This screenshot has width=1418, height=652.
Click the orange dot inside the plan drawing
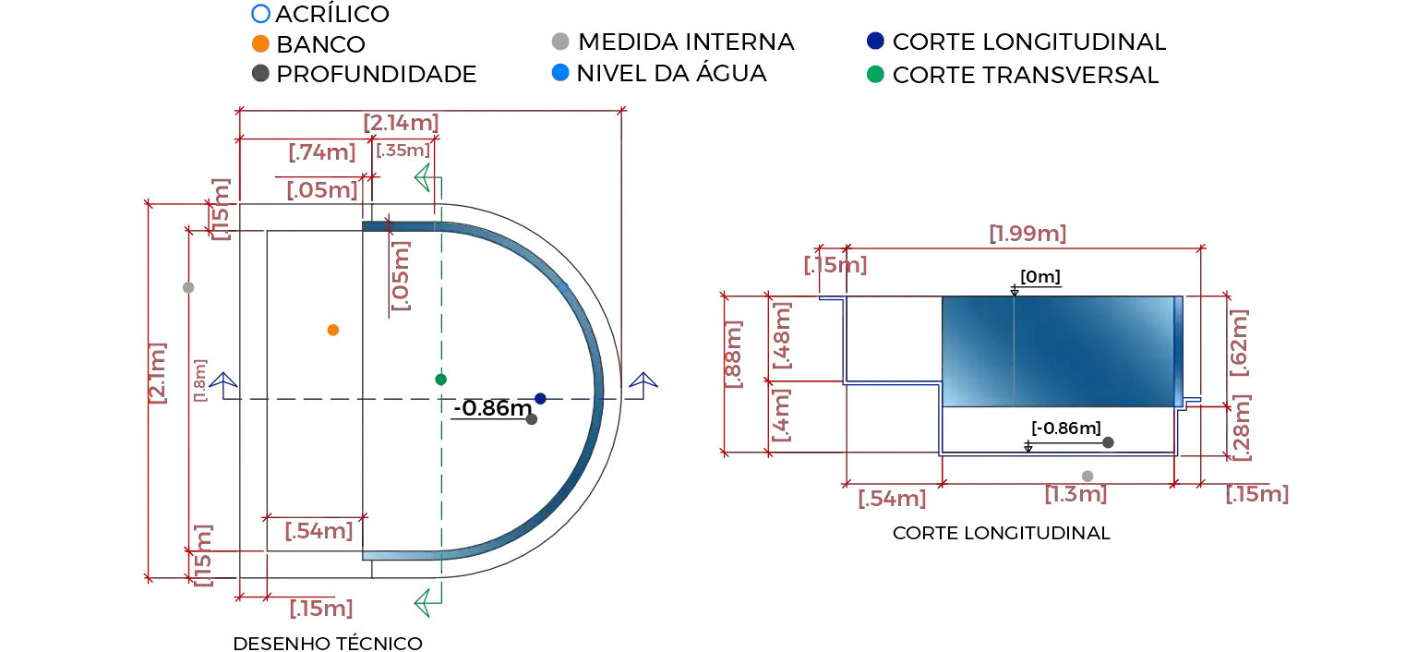tap(333, 330)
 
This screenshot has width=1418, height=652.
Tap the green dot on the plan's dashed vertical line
tap(440, 380)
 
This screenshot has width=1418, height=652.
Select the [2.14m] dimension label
tap(401, 122)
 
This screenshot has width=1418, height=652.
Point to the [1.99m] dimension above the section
tap(1027, 233)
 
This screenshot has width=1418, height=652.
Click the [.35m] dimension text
tap(403, 150)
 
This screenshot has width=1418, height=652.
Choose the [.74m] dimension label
tap(321, 152)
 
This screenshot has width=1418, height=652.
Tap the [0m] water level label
tap(1040, 277)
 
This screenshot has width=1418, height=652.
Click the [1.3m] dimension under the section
tap(1076, 494)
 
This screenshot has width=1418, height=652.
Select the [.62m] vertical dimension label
tap(1239, 343)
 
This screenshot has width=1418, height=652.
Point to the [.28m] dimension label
tap(1242, 428)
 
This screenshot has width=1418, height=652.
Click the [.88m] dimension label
tap(733, 355)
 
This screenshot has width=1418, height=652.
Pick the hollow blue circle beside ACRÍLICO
tap(260, 13)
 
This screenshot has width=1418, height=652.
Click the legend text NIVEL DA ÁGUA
tap(671, 74)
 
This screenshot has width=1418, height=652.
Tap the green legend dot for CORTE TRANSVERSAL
tap(875, 75)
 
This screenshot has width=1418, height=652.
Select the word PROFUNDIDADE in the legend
tap(376, 74)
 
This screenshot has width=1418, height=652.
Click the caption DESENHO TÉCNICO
tap(328, 643)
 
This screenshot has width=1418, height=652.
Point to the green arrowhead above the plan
tap(423, 177)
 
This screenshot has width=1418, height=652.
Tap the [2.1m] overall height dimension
tap(157, 373)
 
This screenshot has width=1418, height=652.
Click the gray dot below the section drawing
tap(1088, 476)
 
